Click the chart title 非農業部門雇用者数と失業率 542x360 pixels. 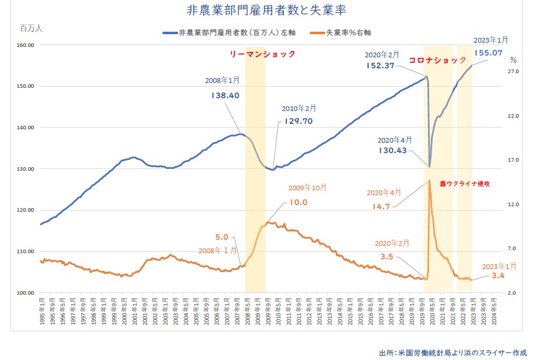272,11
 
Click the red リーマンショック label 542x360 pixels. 262,54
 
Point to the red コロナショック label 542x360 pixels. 437,61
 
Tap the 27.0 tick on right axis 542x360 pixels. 513,72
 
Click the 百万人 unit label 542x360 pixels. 31,28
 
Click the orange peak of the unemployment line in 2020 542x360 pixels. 430,180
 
